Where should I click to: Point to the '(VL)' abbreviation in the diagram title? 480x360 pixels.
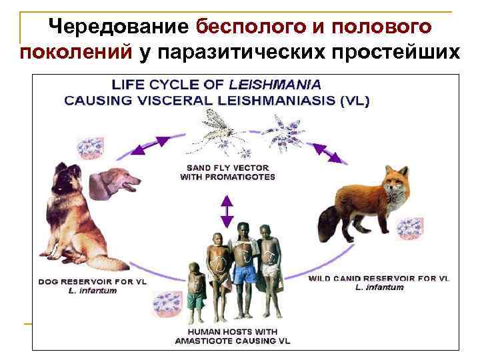(x=353, y=101)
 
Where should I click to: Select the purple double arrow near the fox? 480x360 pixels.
(x=330, y=152)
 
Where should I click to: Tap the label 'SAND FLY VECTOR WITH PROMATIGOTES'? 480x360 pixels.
(x=227, y=173)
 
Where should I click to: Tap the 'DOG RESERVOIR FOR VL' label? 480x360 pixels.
(x=92, y=281)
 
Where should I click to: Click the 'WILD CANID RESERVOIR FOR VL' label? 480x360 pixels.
(x=379, y=277)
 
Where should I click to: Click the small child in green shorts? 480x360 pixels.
(x=195, y=293)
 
